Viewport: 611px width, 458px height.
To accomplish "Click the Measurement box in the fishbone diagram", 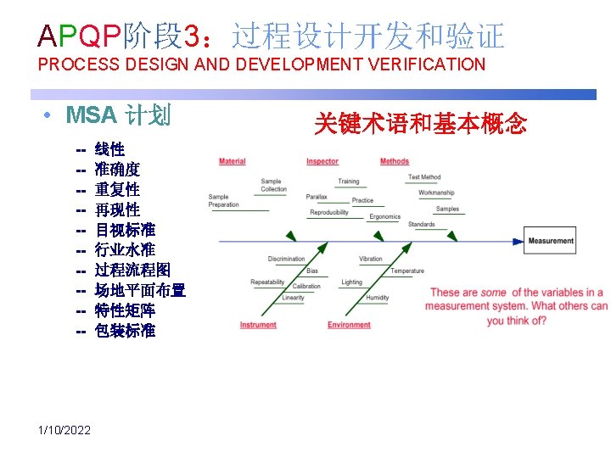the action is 551,241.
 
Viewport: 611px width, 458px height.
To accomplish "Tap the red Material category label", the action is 233,161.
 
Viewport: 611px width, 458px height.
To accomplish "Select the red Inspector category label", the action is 322,161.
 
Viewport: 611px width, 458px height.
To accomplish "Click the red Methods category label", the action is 395,161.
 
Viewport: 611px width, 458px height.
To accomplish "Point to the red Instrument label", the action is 258,325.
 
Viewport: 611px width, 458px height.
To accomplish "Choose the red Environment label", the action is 350,325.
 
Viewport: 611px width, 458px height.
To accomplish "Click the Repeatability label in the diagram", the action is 267,282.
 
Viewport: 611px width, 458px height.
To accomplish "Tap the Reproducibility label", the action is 329,212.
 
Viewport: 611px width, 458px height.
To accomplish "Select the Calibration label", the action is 306,287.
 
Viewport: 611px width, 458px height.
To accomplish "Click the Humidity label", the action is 378,298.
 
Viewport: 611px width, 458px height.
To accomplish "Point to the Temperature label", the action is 407,271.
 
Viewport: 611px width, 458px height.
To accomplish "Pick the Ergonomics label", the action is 384,216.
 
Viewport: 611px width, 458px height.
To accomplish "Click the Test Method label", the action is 424,177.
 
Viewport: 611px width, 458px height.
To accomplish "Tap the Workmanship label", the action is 436,193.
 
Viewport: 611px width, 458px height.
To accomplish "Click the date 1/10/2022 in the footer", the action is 64,431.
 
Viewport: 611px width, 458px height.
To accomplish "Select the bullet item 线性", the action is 109,149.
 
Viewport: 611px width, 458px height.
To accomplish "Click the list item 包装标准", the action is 125,331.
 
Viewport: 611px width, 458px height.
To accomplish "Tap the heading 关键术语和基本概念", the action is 420,125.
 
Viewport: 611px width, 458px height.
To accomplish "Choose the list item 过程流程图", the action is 132,271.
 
